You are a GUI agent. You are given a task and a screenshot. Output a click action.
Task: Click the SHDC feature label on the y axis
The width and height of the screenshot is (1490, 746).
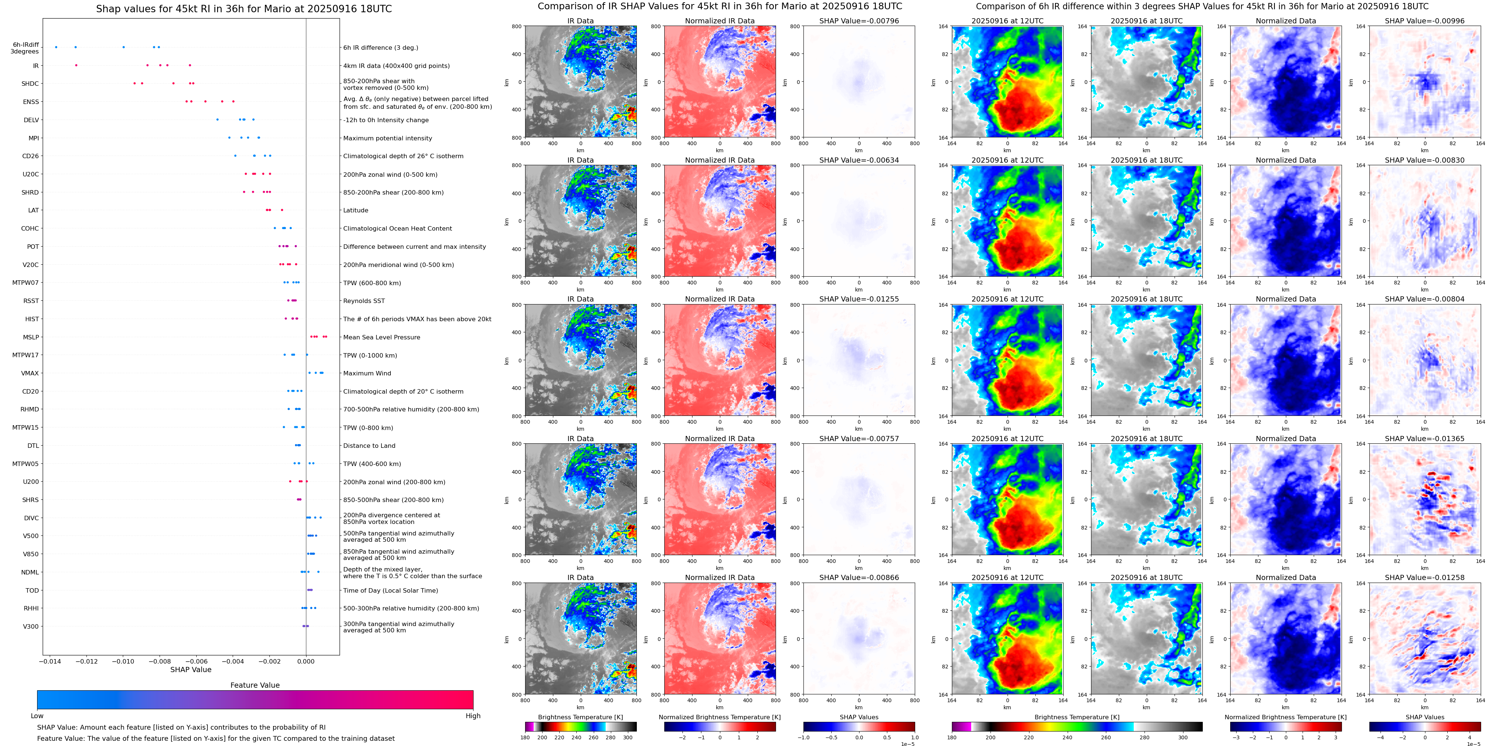[30, 84]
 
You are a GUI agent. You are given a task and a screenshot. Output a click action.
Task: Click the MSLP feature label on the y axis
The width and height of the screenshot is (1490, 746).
[31, 338]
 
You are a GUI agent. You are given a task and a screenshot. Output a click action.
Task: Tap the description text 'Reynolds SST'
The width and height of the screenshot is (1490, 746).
[363, 301]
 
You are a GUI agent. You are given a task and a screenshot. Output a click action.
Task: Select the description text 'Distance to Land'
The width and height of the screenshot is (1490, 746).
[369, 446]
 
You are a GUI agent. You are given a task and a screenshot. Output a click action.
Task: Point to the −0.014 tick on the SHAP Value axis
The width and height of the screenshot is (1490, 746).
[50, 661]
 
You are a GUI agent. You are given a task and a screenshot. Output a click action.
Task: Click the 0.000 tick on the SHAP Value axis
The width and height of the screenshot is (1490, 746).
[306, 661]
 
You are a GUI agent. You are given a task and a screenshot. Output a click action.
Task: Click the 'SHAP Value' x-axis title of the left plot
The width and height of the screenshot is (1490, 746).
[190, 670]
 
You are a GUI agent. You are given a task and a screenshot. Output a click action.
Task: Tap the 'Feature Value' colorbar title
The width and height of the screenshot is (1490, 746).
[255, 685]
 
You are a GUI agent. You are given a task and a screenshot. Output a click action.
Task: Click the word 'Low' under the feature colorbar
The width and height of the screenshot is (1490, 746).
[37, 716]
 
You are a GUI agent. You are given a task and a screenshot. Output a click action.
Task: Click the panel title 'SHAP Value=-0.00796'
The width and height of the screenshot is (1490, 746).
[859, 21]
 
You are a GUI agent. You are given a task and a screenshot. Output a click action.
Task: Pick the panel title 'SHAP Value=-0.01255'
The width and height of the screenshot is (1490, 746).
[859, 299]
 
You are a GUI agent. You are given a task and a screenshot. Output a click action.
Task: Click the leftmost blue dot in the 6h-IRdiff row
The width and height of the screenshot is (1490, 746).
[56, 47]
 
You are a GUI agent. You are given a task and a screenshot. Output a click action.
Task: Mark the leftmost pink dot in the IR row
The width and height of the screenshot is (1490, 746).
[76, 65]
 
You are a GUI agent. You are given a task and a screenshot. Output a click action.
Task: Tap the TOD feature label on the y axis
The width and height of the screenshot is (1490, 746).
[32, 590]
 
